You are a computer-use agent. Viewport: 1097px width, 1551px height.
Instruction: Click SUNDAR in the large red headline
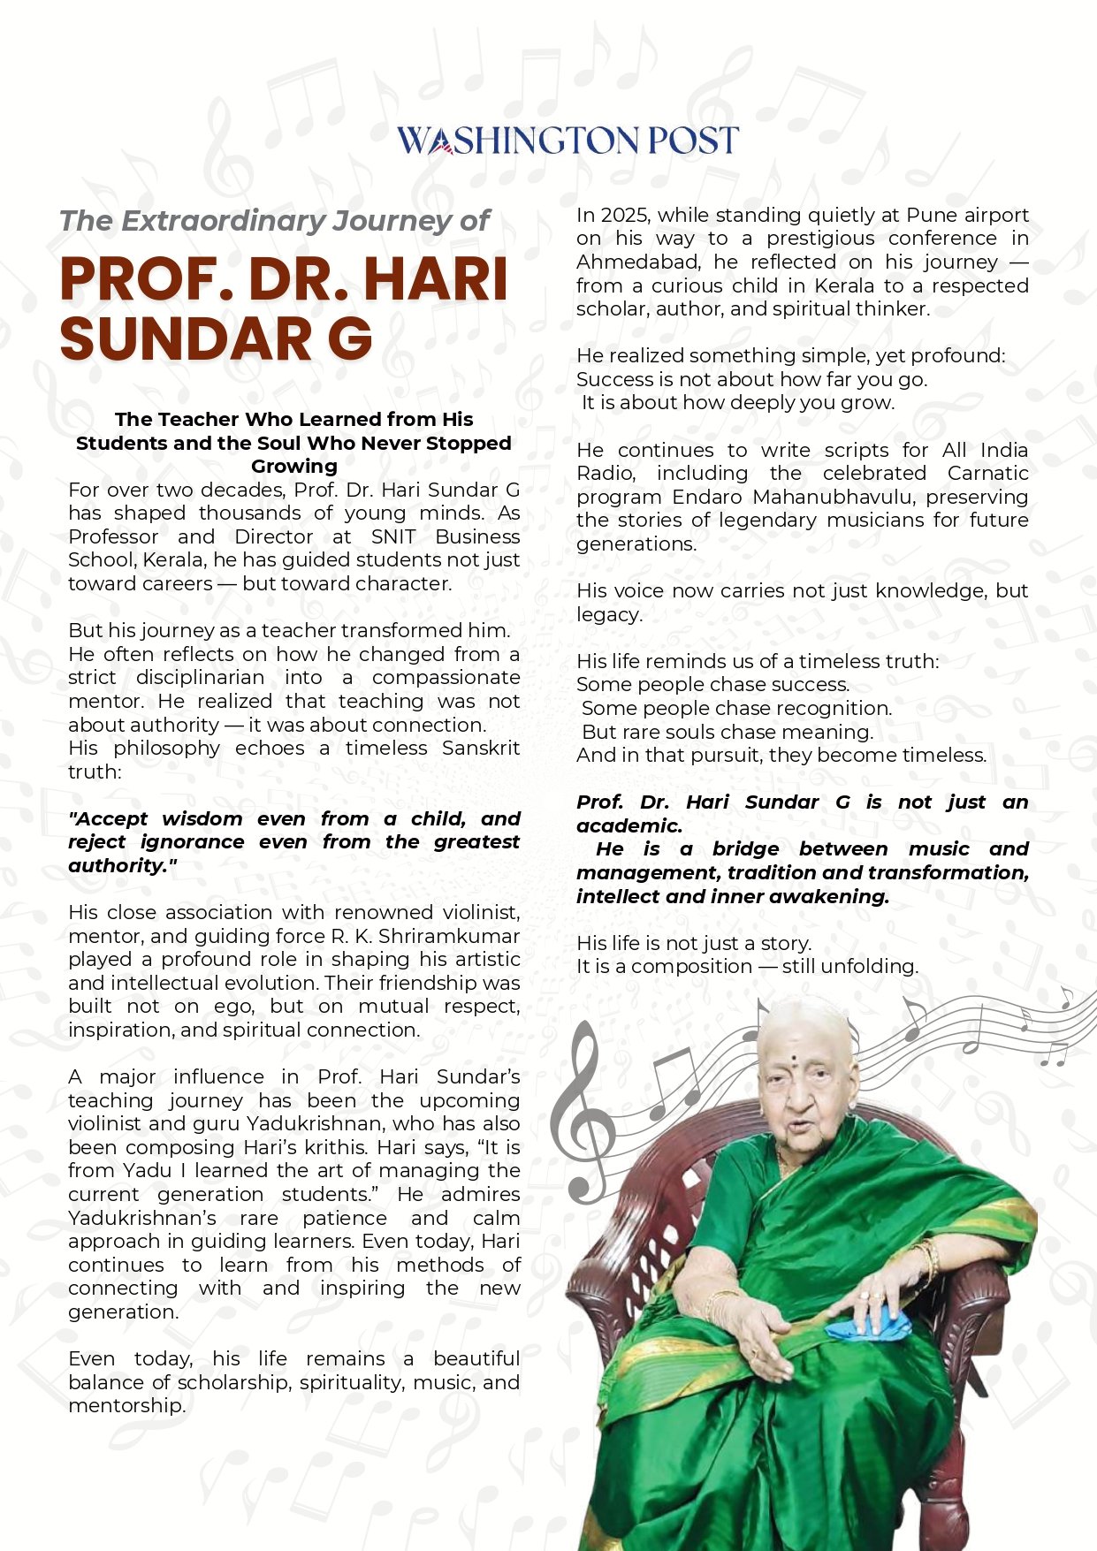[x=187, y=339]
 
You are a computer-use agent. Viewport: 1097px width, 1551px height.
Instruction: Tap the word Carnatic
[x=987, y=473]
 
